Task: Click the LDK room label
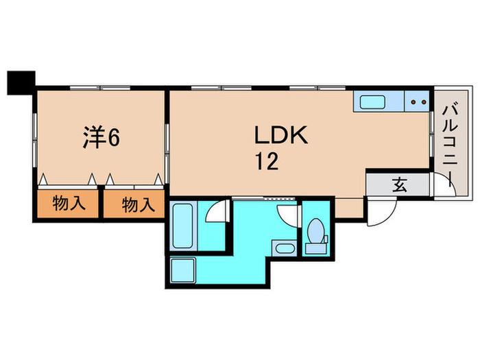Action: coord(280,134)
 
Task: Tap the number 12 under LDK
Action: coord(267,162)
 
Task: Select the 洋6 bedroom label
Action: coord(100,137)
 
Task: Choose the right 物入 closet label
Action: coord(134,204)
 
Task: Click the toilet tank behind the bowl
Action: coord(316,248)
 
